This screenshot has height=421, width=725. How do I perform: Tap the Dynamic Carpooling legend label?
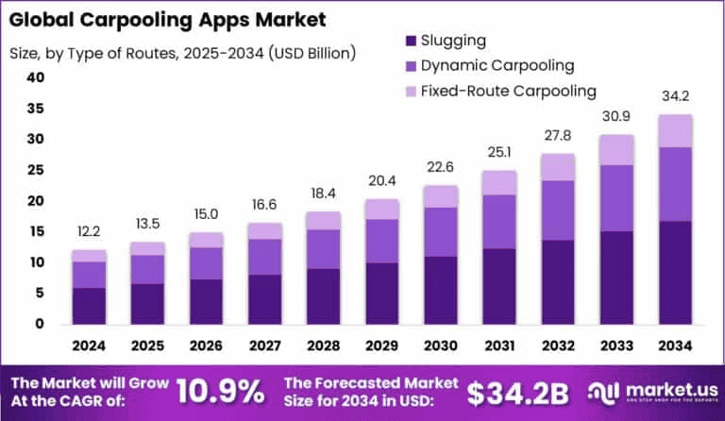pyautogui.click(x=497, y=66)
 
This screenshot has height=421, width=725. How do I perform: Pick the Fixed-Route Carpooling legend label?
pyautogui.click(x=509, y=91)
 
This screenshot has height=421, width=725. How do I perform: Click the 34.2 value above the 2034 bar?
pyautogui.click(x=675, y=97)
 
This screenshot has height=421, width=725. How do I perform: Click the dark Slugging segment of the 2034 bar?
pyautogui.click(x=675, y=272)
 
